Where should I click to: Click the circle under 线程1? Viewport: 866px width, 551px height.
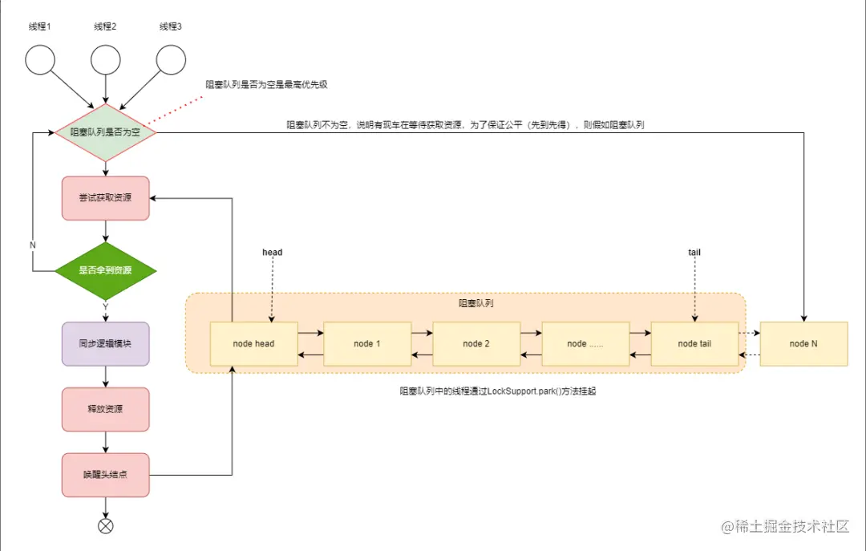pyautogui.click(x=40, y=59)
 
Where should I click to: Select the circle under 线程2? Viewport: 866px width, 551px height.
pyautogui.click(x=105, y=59)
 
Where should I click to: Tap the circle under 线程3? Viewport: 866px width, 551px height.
pyautogui.click(x=171, y=59)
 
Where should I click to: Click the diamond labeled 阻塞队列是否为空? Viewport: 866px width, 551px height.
pyautogui.click(x=105, y=132)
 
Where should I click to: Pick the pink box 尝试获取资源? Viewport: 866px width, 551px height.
pyautogui.click(x=105, y=198)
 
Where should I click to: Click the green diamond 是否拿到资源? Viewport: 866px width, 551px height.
pyautogui.click(x=105, y=271)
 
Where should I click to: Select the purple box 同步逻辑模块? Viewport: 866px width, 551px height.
pyautogui.click(x=105, y=344)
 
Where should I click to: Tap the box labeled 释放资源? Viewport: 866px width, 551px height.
pyautogui.click(x=105, y=409)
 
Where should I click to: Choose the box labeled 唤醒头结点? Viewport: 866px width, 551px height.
pyautogui.click(x=105, y=475)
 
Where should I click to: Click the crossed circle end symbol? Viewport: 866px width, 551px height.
pyautogui.click(x=105, y=526)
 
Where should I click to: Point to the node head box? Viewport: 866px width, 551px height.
pyautogui.click(x=253, y=344)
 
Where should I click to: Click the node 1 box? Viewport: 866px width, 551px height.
pyautogui.click(x=367, y=344)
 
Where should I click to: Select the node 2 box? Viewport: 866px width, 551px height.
pyautogui.click(x=476, y=344)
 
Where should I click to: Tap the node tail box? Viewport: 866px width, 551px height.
pyautogui.click(x=694, y=344)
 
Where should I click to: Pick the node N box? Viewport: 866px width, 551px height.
pyautogui.click(x=803, y=344)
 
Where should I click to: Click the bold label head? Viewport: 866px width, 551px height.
pyautogui.click(x=273, y=252)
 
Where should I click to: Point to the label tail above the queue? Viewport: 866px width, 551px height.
pyautogui.click(x=694, y=252)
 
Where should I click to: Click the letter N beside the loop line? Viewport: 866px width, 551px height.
pyautogui.click(x=33, y=244)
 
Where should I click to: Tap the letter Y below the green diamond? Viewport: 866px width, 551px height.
pyautogui.click(x=105, y=306)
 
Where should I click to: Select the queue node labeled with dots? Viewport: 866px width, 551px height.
pyautogui.click(x=585, y=344)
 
